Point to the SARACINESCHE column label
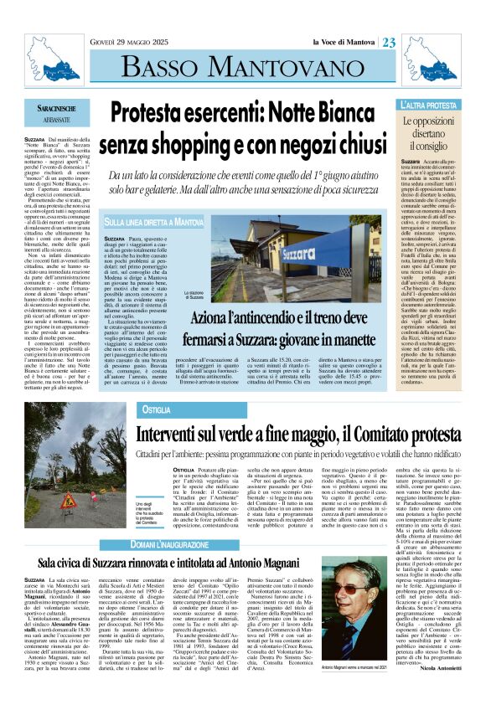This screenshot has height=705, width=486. [69, 110]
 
